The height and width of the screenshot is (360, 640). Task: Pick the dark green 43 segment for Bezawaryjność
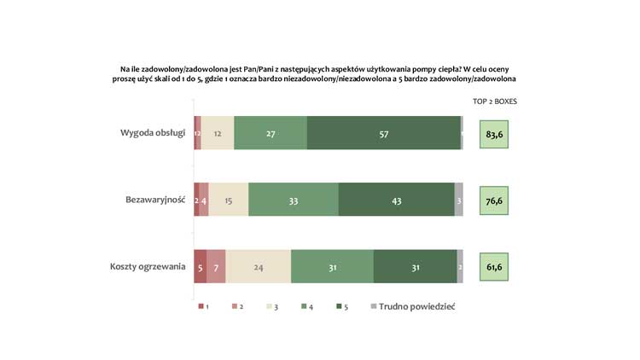point(396,200)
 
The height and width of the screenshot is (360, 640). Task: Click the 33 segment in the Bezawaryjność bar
point(294,200)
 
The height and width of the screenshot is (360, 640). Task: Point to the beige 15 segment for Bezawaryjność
point(229,200)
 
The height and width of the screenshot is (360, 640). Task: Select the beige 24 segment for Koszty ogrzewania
point(259,266)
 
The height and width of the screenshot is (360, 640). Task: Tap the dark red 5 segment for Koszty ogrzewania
point(200,266)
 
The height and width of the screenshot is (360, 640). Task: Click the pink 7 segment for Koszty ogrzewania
point(216,266)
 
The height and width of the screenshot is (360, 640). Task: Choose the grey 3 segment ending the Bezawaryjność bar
point(459,200)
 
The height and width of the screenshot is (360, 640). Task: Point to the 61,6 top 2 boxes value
point(494,266)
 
